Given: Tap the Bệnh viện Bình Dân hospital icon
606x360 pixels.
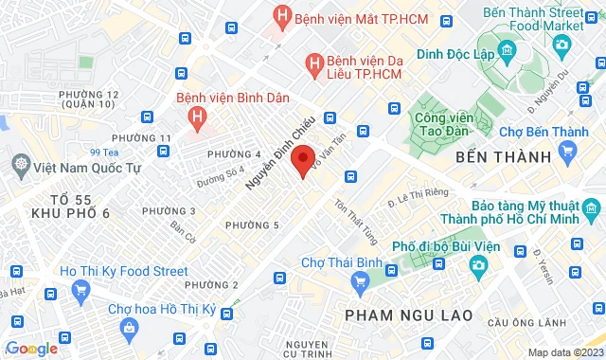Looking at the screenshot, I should [197, 117].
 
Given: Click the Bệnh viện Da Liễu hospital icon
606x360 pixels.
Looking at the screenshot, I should [313, 64].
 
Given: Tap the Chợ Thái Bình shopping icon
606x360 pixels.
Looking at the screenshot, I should [360, 281].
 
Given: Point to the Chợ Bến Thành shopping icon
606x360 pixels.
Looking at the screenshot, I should [568, 150].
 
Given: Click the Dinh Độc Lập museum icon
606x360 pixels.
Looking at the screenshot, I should [507, 49].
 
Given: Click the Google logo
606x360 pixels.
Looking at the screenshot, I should [30, 349].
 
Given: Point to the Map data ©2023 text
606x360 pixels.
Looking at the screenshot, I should [564, 352].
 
